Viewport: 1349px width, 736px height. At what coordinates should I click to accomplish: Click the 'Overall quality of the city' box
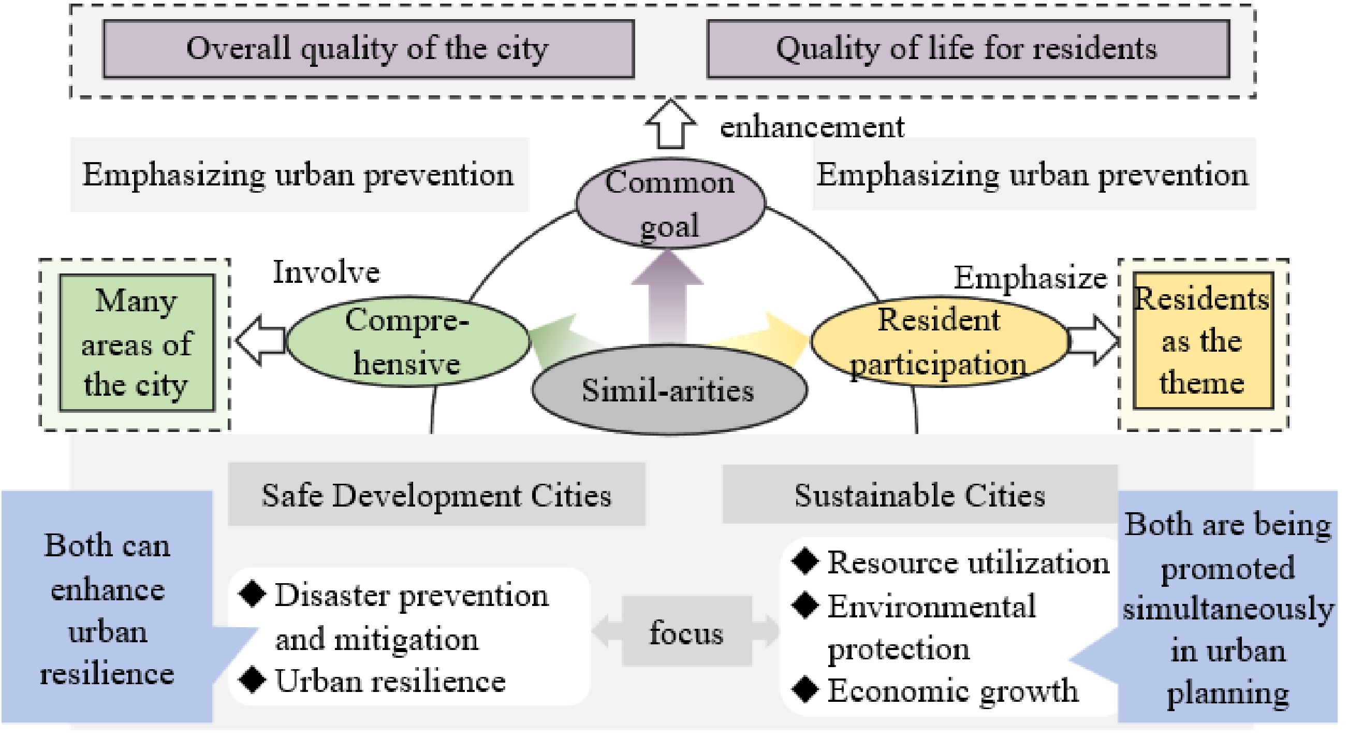coord(369,49)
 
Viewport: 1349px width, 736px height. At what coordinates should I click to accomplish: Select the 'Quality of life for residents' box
coord(968,49)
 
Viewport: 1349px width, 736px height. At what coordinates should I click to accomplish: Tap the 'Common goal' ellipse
coord(670,203)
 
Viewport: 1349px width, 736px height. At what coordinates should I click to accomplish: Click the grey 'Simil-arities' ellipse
coord(669,390)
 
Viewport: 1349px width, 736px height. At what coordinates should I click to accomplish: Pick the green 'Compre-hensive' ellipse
coord(407,341)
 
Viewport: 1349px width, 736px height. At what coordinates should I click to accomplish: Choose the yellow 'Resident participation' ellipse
coord(939,341)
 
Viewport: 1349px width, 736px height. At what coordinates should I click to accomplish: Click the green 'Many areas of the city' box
coord(137,343)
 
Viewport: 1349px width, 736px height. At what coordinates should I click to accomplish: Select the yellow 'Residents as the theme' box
coord(1203,340)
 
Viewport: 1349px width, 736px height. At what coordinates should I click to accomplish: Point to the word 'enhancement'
coord(812,127)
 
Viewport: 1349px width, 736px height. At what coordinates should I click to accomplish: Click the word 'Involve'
coord(326,272)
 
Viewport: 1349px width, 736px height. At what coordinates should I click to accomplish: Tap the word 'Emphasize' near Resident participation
coord(1030,278)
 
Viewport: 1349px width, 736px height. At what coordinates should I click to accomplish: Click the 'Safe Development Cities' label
coord(436,495)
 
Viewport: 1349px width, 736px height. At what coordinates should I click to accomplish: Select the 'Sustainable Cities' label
coord(919,495)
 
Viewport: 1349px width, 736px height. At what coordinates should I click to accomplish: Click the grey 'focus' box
coord(686,632)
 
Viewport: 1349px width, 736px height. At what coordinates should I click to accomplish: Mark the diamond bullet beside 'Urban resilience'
coord(253,680)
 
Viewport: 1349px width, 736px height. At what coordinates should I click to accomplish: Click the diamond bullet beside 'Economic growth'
coord(805,689)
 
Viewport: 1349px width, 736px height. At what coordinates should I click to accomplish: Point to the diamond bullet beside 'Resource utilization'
coord(805,561)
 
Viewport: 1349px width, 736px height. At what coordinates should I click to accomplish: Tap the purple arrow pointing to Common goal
coord(667,296)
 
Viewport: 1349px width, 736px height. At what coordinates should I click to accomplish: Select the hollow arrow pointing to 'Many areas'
coord(261,340)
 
